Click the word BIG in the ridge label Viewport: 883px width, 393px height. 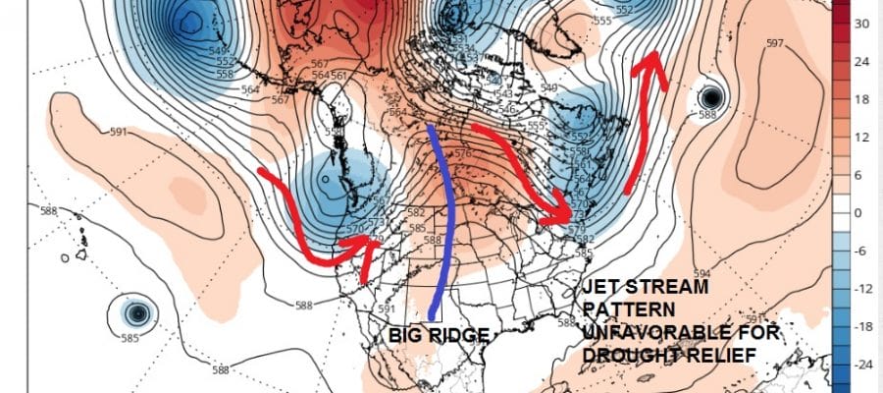click(x=408, y=336)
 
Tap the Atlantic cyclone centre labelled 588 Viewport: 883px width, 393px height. click(x=711, y=97)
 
